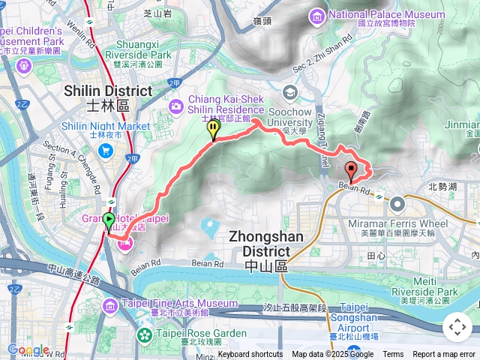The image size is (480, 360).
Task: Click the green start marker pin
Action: click(109, 221)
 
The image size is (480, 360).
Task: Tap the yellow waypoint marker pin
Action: click(214, 130)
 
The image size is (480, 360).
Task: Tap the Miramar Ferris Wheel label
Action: click(398, 223)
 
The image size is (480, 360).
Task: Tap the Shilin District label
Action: click(118, 91)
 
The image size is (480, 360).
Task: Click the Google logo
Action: click(28, 349)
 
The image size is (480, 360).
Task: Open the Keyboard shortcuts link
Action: click(250, 355)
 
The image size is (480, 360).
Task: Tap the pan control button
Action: click(457, 327)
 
